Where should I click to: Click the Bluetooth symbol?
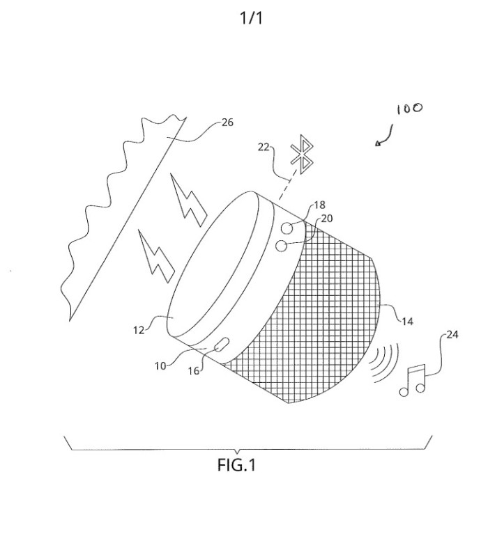click(302, 155)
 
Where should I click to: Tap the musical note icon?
click(413, 380)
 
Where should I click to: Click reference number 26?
click(227, 123)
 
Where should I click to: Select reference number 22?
click(264, 148)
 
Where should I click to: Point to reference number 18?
click(319, 205)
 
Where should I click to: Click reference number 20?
click(327, 219)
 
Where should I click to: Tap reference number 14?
click(407, 322)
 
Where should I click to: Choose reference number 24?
click(452, 335)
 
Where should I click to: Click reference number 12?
click(139, 330)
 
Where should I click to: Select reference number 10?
click(160, 366)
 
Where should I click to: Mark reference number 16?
click(194, 371)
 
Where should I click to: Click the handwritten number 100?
click(410, 109)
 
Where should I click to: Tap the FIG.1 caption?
click(236, 465)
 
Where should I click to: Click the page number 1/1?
click(252, 18)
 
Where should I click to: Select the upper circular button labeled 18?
click(287, 228)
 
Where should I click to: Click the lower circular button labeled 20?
click(282, 246)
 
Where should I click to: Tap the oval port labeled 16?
click(222, 345)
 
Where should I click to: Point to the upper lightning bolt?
click(188, 200)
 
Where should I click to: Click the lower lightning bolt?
click(156, 256)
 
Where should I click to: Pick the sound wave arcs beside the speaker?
click(386, 363)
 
